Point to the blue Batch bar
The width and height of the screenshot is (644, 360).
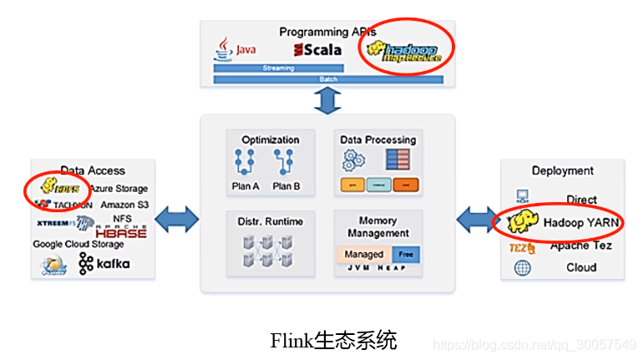pyautogui.click(x=328, y=79)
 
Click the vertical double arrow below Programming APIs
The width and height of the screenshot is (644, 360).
pyautogui.click(x=327, y=100)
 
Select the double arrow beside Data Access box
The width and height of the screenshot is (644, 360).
pyautogui.click(x=178, y=220)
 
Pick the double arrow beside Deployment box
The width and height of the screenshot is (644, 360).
pyautogui.click(x=477, y=220)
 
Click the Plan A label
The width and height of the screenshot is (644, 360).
pyautogui.click(x=246, y=185)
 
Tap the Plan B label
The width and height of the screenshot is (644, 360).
pyautogui.click(x=287, y=185)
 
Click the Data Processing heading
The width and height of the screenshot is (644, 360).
pyautogui.click(x=378, y=139)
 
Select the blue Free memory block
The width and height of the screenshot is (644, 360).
pyautogui.click(x=405, y=254)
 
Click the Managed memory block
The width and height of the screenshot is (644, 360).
pyautogui.click(x=364, y=254)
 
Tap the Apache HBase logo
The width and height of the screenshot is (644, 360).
pyautogui.click(x=120, y=231)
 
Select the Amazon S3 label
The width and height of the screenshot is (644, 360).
pyautogui.click(x=124, y=205)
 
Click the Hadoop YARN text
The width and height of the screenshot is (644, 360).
pyautogui.click(x=581, y=223)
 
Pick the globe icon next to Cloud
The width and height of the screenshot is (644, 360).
pyautogui.click(x=523, y=268)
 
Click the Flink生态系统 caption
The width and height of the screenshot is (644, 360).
pyautogui.click(x=333, y=341)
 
